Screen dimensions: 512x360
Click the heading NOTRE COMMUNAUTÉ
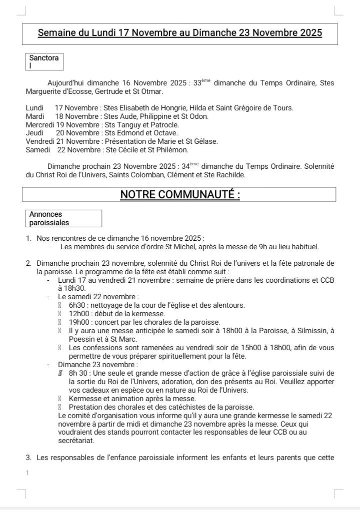coord(180,194)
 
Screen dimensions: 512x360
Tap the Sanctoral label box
coord(44,61)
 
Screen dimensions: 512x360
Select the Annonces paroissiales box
coord(63,218)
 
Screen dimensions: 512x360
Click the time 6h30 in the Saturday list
coord(77,305)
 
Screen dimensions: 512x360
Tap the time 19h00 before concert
coord(79,322)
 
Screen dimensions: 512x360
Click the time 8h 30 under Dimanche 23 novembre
coord(78,373)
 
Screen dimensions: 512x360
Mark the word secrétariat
coord(76,441)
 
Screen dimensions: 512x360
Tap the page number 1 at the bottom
coord(27,473)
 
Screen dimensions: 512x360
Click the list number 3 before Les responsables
coord(28,458)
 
